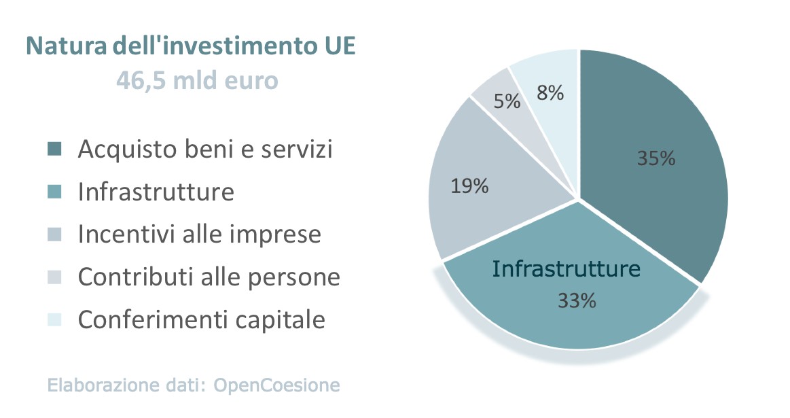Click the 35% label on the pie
coord(656,158)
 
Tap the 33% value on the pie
coord(577,300)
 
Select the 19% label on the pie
coord(469,186)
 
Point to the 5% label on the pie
coord(507,102)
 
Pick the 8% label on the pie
coord(550,94)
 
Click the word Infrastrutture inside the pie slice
coord(566,268)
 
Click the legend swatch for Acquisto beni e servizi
coord(55,149)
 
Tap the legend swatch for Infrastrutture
coord(55,192)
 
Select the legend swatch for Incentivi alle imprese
coord(55,234)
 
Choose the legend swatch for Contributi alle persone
coord(55,277)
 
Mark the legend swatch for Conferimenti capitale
coord(55,319)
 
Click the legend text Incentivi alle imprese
coord(199,234)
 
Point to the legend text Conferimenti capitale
coord(202,319)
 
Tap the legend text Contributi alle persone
coord(209,277)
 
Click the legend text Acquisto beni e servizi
coord(205,149)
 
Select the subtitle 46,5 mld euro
coord(197,81)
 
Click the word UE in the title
coord(336,47)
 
